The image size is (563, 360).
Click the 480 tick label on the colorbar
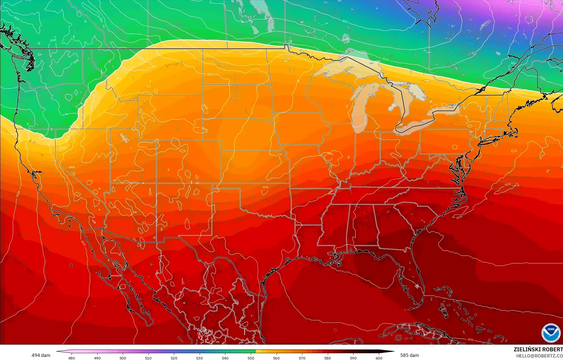72,358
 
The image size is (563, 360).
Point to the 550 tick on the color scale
251,358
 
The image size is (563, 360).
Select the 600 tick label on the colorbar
379,358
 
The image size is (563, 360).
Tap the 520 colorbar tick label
174,358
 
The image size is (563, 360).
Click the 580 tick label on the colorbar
328,358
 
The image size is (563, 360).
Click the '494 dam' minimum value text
41,355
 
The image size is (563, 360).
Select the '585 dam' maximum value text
409,355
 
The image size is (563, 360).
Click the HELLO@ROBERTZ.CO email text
540,356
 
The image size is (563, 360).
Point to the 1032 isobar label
345,22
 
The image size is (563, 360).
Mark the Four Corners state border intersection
157,183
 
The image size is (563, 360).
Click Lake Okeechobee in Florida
417,286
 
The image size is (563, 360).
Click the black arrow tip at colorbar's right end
393,351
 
